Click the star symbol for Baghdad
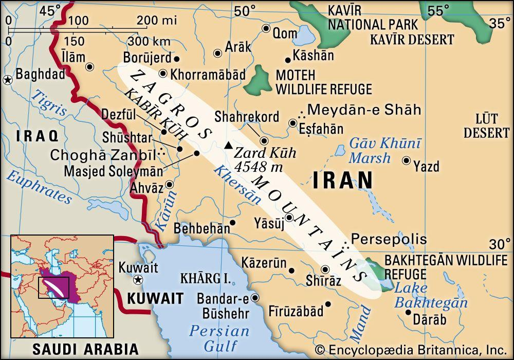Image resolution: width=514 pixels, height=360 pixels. click(8, 80)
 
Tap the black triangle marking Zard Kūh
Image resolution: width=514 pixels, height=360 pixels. click(227, 147)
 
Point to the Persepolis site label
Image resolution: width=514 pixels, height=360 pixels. click(389, 239)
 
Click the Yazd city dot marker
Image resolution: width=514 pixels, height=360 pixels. click(406, 161)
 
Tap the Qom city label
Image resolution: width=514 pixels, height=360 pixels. click(285, 33)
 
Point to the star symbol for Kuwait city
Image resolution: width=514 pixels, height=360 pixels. click(137, 280)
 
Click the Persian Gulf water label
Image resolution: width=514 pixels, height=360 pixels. click(219, 338)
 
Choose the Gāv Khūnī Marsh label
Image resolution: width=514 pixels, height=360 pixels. click(385, 151)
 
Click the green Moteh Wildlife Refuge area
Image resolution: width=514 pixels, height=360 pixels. click(260, 82)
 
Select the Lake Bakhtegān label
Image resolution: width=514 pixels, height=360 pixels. click(431, 296)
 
